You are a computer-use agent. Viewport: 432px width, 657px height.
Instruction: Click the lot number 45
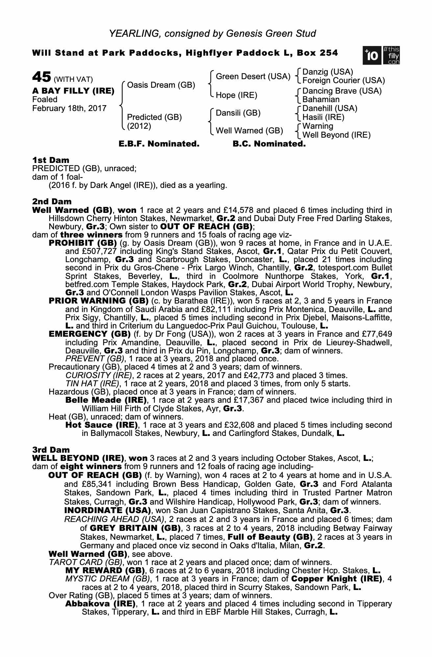[41, 77]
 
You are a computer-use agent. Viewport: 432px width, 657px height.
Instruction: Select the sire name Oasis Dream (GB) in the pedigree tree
[161, 85]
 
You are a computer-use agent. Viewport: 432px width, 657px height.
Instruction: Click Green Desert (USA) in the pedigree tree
[253, 77]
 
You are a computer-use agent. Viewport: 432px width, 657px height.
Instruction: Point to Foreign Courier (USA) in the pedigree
[343, 80]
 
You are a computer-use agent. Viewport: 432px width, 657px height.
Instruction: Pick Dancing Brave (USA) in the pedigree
[342, 91]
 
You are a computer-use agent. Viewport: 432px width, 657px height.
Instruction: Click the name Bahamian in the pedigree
[321, 100]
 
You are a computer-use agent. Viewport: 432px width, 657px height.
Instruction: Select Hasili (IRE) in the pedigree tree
[323, 117]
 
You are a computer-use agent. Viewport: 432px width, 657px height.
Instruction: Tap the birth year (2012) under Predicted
[139, 126]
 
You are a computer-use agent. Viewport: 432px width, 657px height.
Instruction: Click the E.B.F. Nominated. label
[159, 144]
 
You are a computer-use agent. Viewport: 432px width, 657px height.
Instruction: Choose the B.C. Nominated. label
[269, 144]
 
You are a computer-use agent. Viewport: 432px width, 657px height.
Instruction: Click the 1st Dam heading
[51, 160]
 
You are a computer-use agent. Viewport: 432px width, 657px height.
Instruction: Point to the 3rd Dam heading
[51, 450]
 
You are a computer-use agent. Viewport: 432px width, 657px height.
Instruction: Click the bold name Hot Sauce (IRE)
[102, 425]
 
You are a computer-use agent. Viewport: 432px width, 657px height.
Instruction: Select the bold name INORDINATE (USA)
[107, 510]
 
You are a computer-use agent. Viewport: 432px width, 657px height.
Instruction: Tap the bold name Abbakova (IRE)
[100, 604]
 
